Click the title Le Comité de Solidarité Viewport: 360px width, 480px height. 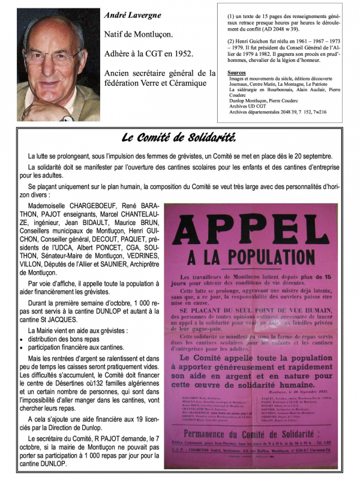tap(179, 137)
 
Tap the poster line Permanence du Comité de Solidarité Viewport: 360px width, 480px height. tap(258, 431)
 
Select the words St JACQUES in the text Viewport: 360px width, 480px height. tap(55, 321)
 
